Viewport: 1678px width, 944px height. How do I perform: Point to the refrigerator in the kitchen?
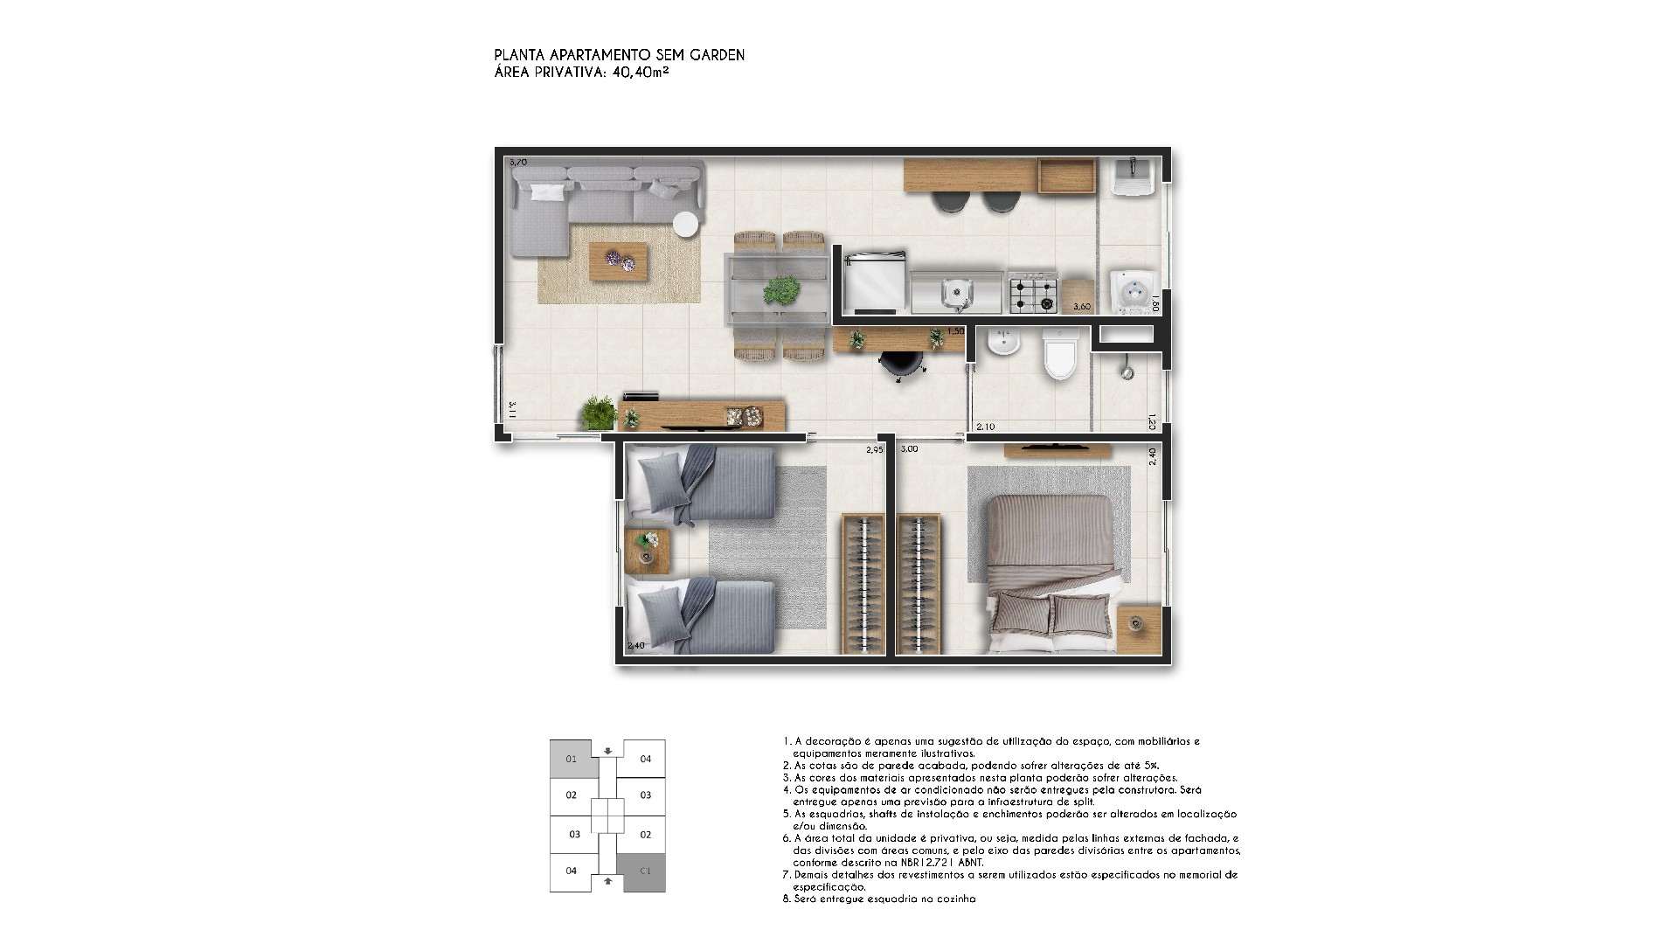875,282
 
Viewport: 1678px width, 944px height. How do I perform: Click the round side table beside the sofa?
685,225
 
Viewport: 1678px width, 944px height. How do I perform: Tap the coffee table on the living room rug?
619,261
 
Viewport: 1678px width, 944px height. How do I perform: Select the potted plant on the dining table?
780,289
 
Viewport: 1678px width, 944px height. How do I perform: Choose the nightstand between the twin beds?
648,551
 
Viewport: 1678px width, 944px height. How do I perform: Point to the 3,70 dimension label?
518,163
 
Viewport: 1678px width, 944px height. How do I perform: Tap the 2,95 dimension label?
875,450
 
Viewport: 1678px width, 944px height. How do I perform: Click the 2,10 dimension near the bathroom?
985,427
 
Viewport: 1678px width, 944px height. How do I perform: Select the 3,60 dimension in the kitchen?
1082,307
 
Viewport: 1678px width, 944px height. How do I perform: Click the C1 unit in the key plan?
646,871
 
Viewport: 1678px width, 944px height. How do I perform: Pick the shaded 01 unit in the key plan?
572,759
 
